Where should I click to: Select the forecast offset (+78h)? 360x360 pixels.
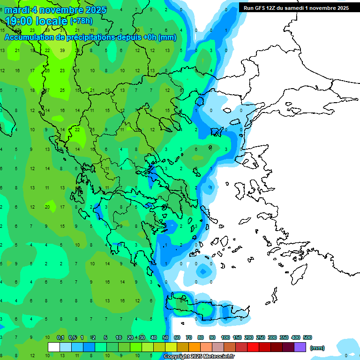coord(81,21)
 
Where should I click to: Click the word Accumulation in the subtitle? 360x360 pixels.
coord(30,37)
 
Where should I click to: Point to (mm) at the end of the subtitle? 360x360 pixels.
coord(167,37)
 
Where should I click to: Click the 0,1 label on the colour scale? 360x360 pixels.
coord(60,337)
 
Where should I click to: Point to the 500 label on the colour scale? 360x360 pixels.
coord(307,337)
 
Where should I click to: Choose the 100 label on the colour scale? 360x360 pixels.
coord(225,337)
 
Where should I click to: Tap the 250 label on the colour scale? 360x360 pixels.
coord(260,337)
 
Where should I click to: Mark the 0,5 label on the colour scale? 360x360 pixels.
coord(72,337)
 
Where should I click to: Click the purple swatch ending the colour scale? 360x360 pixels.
coord(300,347)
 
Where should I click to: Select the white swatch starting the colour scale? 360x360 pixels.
coord(54,347)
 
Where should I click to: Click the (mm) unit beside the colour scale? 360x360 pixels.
coord(317,348)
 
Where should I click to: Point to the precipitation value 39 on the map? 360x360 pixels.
coord(62,51)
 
